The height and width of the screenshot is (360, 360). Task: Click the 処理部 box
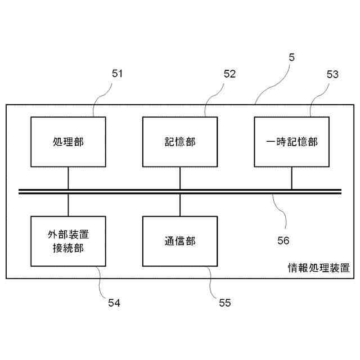pos(68,142)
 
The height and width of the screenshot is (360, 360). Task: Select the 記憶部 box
pos(180,142)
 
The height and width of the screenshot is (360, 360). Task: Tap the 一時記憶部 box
pos(291,142)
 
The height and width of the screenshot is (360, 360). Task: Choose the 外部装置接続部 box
pos(68,241)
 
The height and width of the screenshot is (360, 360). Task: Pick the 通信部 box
pos(180,241)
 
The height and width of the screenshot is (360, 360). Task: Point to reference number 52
pos(229,73)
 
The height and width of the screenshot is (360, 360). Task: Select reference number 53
pos(332,74)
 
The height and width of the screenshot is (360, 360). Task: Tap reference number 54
pos(114,303)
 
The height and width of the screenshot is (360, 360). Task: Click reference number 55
pos(224,303)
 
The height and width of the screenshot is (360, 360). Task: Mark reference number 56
pos(283,241)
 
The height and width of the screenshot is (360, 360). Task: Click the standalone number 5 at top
pos(291,57)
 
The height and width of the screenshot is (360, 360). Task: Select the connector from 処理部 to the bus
pos(68,178)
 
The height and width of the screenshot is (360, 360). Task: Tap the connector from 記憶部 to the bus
pos(180,178)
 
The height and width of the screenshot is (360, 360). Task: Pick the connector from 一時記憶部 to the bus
pos(291,178)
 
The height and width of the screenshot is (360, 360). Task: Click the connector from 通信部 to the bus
pos(180,205)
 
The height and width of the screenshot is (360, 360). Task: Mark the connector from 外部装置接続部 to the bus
pos(68,205)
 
